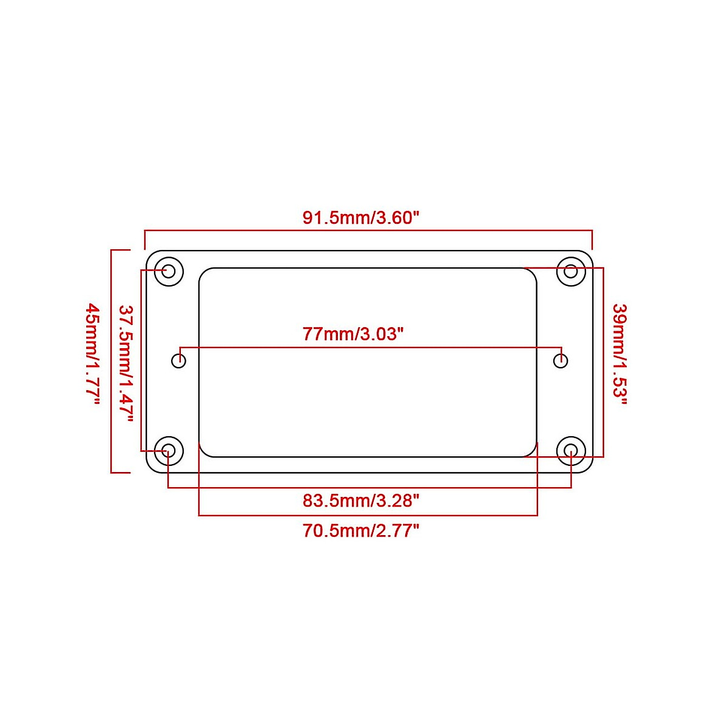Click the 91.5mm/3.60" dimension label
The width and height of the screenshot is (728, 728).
[361, 218]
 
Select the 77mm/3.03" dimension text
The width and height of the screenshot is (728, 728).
[353, 334]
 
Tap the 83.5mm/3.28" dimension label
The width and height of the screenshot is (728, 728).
[361, 501]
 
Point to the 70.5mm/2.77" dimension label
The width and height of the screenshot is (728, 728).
[361, 531]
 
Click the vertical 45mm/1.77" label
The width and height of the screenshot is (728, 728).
[93, 355]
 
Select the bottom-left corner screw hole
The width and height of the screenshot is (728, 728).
[169, 450]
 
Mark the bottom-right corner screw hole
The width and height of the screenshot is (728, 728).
[571, 450]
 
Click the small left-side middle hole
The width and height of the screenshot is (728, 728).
[178, 361]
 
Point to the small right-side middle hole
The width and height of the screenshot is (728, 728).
[561, 361]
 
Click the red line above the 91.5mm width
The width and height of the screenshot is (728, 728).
[368, 231]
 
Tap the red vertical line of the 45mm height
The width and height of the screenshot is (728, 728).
[112, 361]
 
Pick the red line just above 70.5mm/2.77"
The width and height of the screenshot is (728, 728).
[368, 516]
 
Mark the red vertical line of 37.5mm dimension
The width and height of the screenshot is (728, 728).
[141, 361]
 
